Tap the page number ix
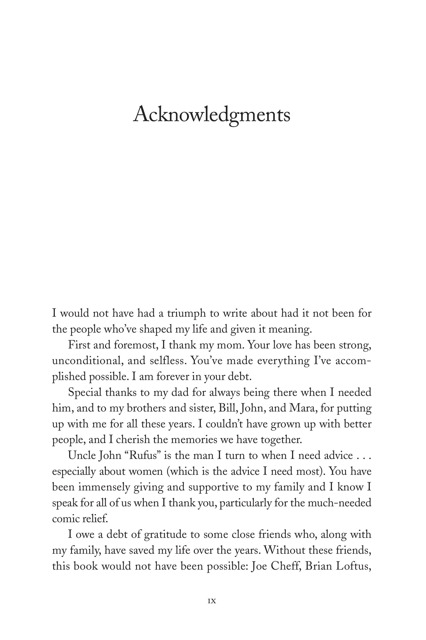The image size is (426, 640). [x=212, y=601]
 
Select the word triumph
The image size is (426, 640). [x=186, y=313]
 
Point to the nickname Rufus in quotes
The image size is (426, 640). [x=143, y=456]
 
